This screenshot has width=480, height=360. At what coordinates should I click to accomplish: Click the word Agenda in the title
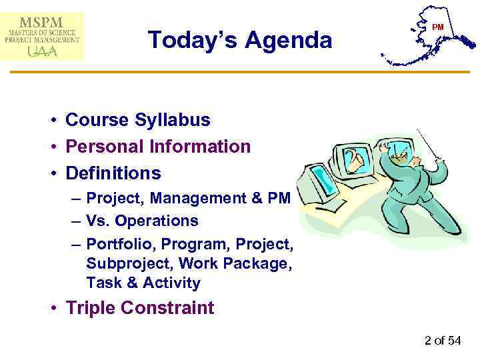click(x=288, y=41)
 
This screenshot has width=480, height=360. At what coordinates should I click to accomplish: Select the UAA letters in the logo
click(x=42, y=50)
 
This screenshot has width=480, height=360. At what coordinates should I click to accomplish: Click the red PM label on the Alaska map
click(x=437, y=27)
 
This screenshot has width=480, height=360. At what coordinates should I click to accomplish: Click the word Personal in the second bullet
click(x=107, y=147)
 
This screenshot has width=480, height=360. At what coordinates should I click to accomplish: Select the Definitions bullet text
click(x=113, y=173)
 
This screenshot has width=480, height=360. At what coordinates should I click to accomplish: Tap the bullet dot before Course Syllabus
click(x=51, y=121)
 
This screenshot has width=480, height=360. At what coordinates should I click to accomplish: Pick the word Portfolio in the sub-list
click(x=119, y=243)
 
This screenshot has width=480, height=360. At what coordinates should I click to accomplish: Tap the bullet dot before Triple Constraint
click(x=51, y=309)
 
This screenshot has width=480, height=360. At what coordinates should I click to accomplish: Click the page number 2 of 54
click(x=443, y=341)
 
